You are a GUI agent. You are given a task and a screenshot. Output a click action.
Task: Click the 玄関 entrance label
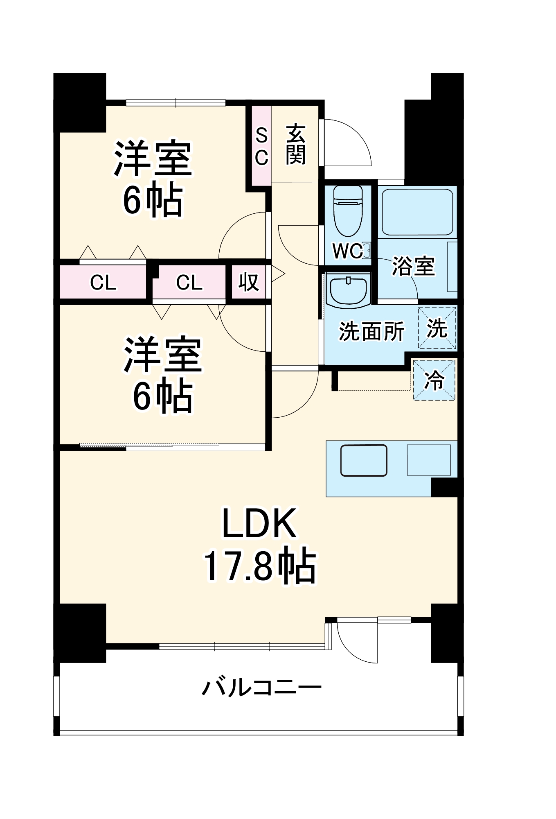point(295,145)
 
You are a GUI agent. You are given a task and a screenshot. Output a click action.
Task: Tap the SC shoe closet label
point(261,146)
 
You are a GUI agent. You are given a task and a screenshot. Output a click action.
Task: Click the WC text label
point(347,251)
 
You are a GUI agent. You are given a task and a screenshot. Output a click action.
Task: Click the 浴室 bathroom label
point(413,266)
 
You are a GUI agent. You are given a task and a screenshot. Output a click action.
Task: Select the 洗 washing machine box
point(437,328)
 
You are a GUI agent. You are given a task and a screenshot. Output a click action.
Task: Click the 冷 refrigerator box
point(434,380)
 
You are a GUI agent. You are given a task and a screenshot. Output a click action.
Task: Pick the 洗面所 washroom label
point(371,331)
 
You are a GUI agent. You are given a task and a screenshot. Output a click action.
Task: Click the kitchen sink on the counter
point(364,461)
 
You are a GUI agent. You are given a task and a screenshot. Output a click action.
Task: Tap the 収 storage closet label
point(248,282)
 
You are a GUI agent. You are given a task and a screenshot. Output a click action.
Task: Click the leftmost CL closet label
point(103,283)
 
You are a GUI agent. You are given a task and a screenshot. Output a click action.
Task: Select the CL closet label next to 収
point(189,283)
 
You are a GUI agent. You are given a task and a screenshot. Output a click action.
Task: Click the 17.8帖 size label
point(259,566)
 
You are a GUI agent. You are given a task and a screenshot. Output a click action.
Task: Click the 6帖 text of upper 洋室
point(153,201)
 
